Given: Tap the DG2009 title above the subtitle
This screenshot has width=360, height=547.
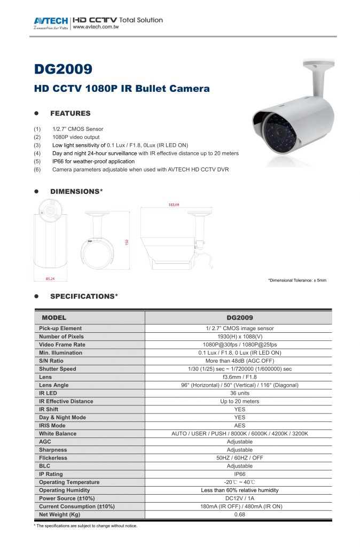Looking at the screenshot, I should (64, 69).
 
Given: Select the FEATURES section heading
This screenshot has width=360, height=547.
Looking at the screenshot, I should (70, 113).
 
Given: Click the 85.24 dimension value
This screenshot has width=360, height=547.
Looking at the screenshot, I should (51, 278).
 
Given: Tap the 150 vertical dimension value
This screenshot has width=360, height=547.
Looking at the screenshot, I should (127, 242).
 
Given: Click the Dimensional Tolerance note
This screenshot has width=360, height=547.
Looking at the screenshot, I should (297, 280).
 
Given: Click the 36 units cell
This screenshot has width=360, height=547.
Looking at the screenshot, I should (239, 393).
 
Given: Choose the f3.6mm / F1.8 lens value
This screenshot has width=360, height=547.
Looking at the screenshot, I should (239, 377).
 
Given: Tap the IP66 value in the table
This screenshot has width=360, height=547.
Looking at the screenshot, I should (239, 474).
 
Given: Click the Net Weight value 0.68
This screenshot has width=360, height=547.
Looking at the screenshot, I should (239, 514).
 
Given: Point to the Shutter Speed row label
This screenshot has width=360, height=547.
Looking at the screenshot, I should (57, 369).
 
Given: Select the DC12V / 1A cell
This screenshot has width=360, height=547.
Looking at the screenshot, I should (239, 498).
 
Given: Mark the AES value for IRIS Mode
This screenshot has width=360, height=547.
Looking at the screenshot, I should (239, 426).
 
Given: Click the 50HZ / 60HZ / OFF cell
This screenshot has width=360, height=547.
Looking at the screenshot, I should (239, 458).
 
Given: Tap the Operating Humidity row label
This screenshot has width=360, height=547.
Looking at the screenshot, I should (64, 490).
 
